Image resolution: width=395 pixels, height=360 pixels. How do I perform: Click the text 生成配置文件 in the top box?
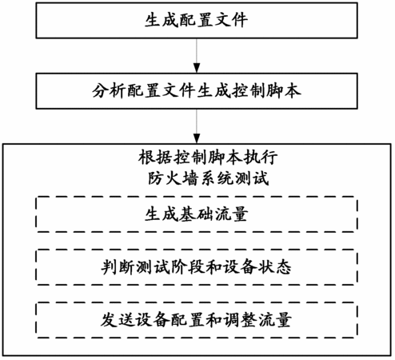pyautogui.click(x=197, y=20)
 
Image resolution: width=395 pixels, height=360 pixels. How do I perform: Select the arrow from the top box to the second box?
pyautogui.click(x=197, y=55)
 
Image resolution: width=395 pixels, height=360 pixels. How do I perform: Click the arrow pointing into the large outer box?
pyautogui.click(x=197, y=126)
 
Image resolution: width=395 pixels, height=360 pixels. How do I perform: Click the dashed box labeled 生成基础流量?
pyautogui.click(x=197, y=214)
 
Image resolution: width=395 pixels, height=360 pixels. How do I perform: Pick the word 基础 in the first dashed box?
pyautogui.click(x=197, y=214)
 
